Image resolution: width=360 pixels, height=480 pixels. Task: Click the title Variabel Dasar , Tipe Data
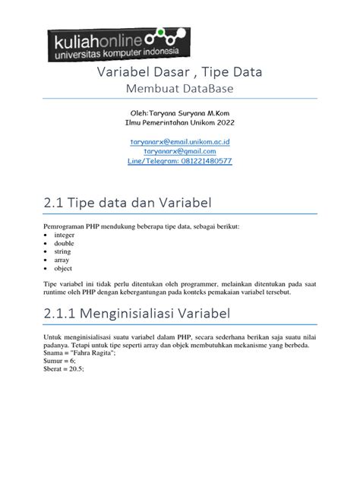tap(180, 73)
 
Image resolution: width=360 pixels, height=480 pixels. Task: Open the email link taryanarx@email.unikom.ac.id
tap(180, 141)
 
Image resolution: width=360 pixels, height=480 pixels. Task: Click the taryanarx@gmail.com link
tap(180, 151)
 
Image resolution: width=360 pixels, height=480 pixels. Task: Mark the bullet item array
tap(62, 259)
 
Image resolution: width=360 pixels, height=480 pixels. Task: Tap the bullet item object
tap(63, 269)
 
